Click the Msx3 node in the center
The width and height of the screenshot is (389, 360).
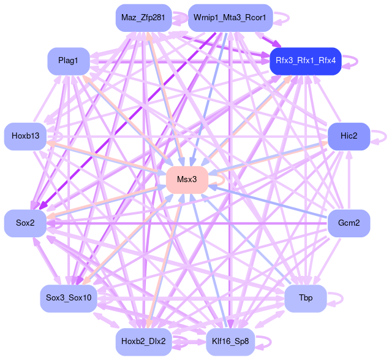tap(187, 180)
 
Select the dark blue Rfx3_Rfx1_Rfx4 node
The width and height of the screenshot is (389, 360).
tap(305, 61)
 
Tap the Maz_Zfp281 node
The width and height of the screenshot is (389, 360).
tap(143, 18)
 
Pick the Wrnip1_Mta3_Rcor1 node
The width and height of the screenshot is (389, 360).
tap(230, 18)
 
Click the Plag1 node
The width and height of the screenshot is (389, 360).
tap(69, 61)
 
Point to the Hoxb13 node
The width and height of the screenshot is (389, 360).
tap(25, 136)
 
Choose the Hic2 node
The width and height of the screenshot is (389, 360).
tap(349, 136)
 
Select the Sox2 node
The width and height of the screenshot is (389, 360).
tap(25, 222)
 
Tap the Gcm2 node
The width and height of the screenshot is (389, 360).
tap(349, 222)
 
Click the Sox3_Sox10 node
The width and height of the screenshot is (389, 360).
tap(68, 298)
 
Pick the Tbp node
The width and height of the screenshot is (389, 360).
tap(305, 298)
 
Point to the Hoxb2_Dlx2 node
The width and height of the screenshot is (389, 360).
tap(143, 341)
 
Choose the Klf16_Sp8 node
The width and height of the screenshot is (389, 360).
tap(230, 341)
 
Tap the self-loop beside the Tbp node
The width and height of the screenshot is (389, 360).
tap(336, 299)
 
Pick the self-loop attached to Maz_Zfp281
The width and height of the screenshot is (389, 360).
tap(180, 18)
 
